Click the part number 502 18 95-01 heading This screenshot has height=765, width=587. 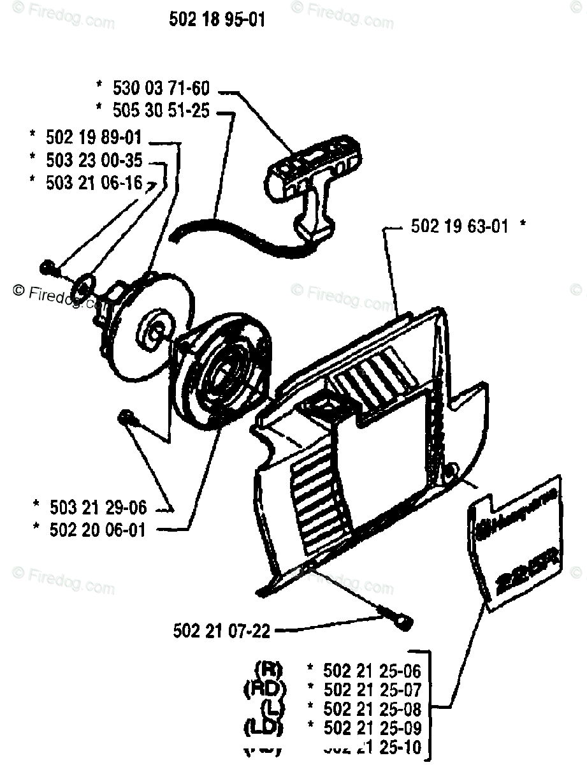(217, 20)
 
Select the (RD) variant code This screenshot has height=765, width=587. (265, 689)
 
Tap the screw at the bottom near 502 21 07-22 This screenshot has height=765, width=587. (400, 619)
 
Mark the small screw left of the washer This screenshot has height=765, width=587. (47, 267)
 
